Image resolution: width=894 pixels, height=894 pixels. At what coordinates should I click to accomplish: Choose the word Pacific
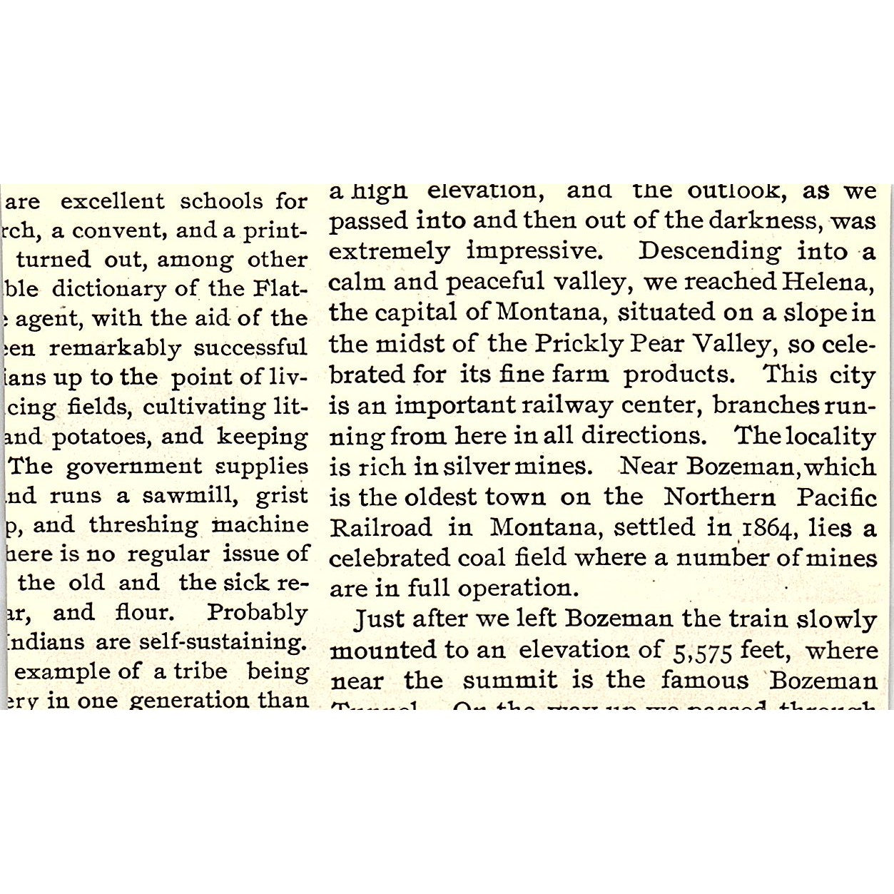pyautogui.click(x=836, y=497)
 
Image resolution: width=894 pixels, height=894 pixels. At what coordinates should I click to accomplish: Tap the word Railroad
pyautogui.click(x=380, y=528)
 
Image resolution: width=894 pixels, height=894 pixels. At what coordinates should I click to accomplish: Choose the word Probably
pyautogui.click(x=257, y=613)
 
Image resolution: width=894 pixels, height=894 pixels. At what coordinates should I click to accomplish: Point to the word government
pyautogui.click(x=134, y=467)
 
